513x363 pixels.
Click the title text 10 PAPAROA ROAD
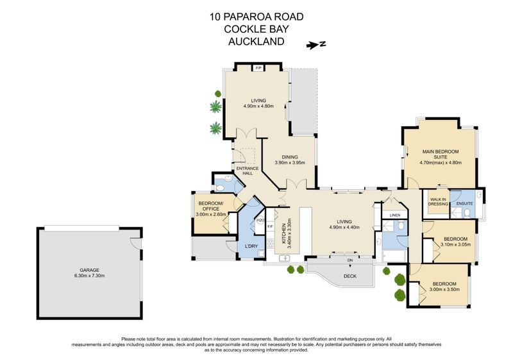256,17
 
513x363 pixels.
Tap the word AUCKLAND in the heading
256,42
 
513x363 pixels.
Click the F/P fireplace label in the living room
259,69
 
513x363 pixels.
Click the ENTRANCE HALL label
247,171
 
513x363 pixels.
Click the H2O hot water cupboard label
260,221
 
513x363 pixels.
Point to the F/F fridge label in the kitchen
270,226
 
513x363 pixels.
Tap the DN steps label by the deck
349,260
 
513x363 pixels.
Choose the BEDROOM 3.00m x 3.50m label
444,287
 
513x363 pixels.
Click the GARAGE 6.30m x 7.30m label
89,273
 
